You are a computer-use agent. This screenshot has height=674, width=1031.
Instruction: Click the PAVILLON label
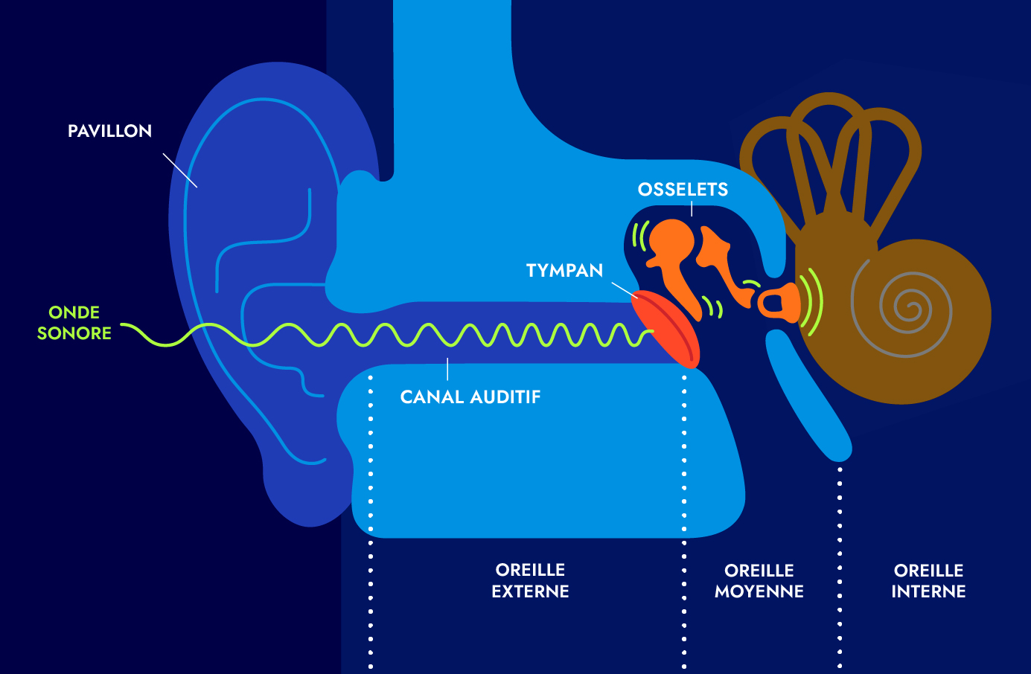click(x=109, y=131)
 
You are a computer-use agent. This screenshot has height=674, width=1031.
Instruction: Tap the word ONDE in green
click(x=74, y=312)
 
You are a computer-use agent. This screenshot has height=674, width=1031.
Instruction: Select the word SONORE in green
click(x=74, y=333)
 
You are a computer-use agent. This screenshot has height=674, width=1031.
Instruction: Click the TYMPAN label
click(x=564, y=271)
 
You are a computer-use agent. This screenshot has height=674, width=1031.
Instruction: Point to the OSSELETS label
click(x=683, y=190)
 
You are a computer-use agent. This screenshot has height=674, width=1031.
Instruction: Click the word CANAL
click(x=432, y=397)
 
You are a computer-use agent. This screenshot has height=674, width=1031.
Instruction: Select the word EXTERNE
click(x=530, y=591)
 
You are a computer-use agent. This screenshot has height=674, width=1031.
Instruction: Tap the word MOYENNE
click(x=759, y=591)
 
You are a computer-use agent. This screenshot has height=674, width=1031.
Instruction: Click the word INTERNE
click(x=928, y=591)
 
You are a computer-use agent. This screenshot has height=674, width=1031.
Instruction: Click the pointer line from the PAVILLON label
click(x=180, y=170)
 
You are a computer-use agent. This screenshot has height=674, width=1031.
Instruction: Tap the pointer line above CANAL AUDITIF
click(x=447, y=369)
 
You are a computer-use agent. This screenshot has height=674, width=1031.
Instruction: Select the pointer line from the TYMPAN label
click(x=624, y=289)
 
